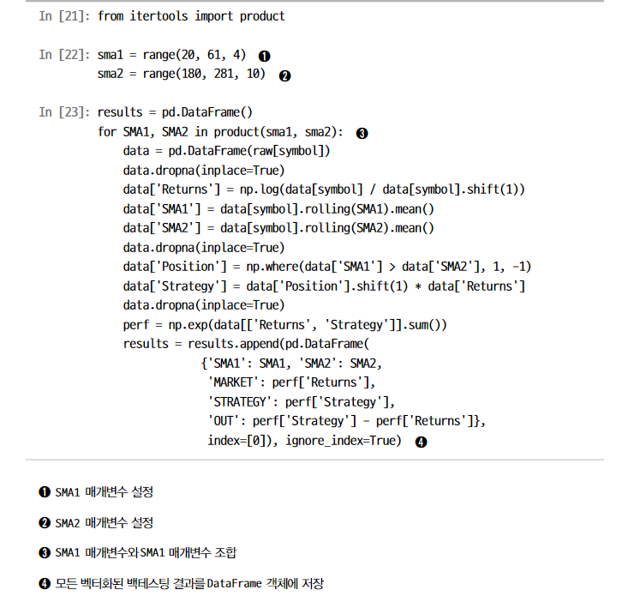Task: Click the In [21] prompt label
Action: (x=64, y=16)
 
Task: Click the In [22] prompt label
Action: (x=64, y=55)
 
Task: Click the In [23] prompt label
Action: (x=64, y=112)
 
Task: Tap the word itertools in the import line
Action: (x=159, y=16)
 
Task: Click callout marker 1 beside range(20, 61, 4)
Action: (x=265, y=56)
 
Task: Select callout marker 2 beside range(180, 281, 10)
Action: (x=285, y=76)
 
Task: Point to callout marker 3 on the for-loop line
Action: (x=362, y=134)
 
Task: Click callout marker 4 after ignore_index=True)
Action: (x=422, y=442)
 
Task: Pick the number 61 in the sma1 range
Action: (x=214, y=55)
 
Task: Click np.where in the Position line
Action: (x=272, y=267)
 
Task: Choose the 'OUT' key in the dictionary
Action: (x=224, y=421)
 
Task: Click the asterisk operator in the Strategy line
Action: (x=418, y=286)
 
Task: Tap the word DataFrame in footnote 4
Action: (x=234, y=584)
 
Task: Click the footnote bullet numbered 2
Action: (x=45, y=523)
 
